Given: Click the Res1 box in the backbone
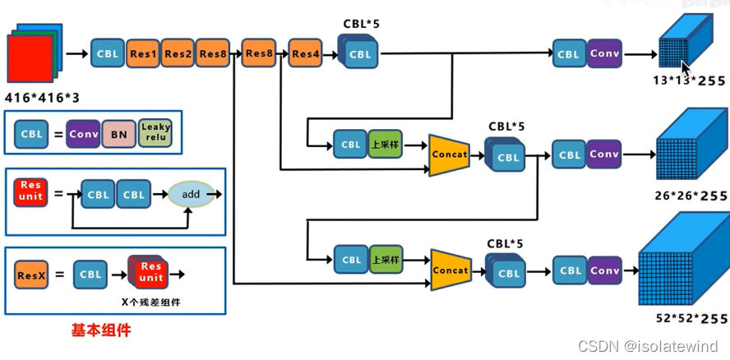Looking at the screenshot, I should click(x=143, y=53).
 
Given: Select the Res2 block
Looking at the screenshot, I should click(x=178, y=53).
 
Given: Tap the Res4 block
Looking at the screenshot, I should click(x=306, y=54).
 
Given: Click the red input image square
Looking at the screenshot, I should click(x=30, y=63).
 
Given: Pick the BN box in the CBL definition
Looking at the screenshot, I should click(x=119, y=133).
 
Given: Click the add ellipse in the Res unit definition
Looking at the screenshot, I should click(x=191, y=195).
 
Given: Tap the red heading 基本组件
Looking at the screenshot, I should click(x=100, y=330).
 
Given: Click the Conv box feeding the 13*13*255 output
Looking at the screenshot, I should click(x=604, y=53).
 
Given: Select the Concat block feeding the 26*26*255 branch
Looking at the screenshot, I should click(x=449, y=155).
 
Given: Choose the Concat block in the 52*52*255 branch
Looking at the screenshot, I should click(x=450, y=270).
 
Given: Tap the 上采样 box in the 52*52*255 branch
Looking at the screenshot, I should click(x=386, y=260).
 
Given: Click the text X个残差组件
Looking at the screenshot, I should click(x=150, y=302).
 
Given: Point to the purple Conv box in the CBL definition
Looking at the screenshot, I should click(x=84, y=133).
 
